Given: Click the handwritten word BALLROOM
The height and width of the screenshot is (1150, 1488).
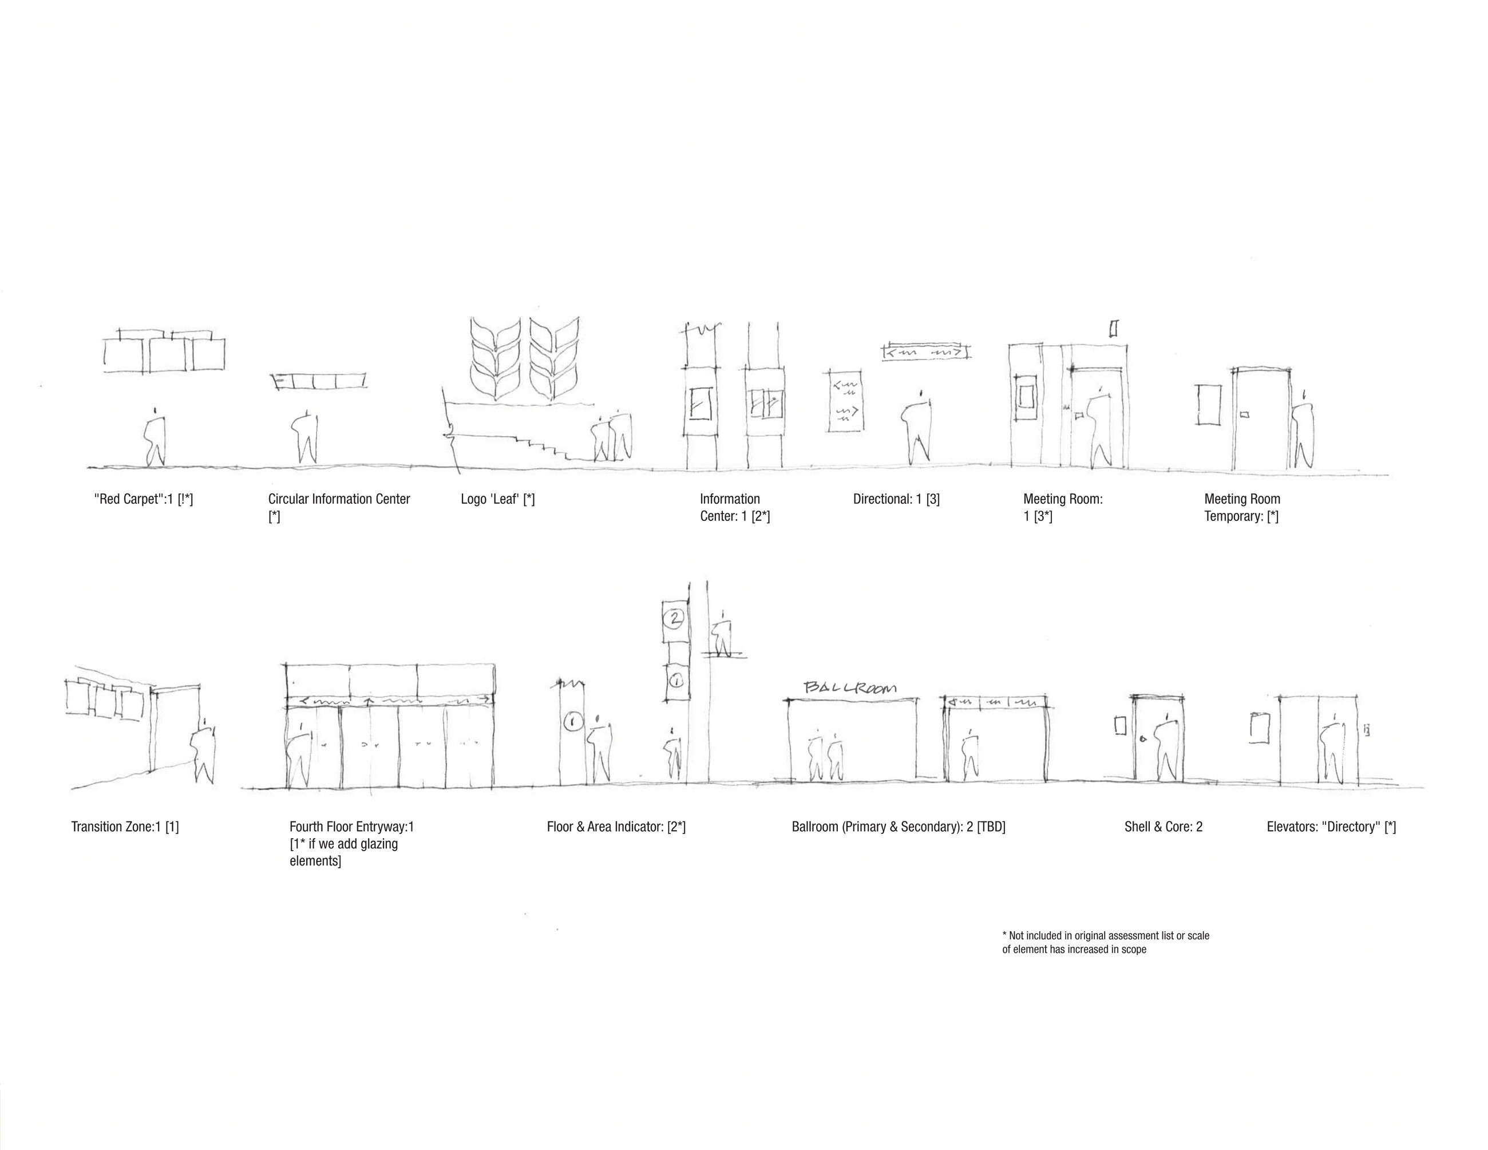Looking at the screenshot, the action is click(850, 687).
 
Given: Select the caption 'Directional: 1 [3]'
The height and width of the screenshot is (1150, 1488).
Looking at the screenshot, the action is click(896, 499).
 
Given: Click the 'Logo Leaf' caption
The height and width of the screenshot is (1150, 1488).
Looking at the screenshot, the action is click(497, 499).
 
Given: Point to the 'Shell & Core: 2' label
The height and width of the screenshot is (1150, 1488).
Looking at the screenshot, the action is click(1163, 827).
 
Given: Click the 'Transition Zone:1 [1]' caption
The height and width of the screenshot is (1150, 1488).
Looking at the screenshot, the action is click(125, 827).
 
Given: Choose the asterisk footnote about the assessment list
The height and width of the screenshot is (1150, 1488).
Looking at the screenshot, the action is click(1105, 942).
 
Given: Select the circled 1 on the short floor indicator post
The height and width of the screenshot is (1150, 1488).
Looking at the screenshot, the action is click(573, 721).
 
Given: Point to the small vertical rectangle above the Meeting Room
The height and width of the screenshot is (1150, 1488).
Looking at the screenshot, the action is click(1114, 329).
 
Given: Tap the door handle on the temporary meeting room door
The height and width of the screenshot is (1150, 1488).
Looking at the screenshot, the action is click(1244, 414).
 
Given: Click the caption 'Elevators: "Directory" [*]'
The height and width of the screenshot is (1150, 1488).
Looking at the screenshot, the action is click(1331, 827).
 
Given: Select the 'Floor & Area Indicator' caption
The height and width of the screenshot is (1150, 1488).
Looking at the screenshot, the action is click(616, 827).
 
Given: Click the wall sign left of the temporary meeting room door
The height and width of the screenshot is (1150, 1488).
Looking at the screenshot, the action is click(1208, 405).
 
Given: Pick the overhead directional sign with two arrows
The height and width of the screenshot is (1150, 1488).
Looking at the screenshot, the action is click(926, 351).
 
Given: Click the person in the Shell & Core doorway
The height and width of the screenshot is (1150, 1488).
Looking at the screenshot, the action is click(1166, 748).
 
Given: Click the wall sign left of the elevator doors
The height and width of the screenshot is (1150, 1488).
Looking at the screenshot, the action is click(1260, 728).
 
